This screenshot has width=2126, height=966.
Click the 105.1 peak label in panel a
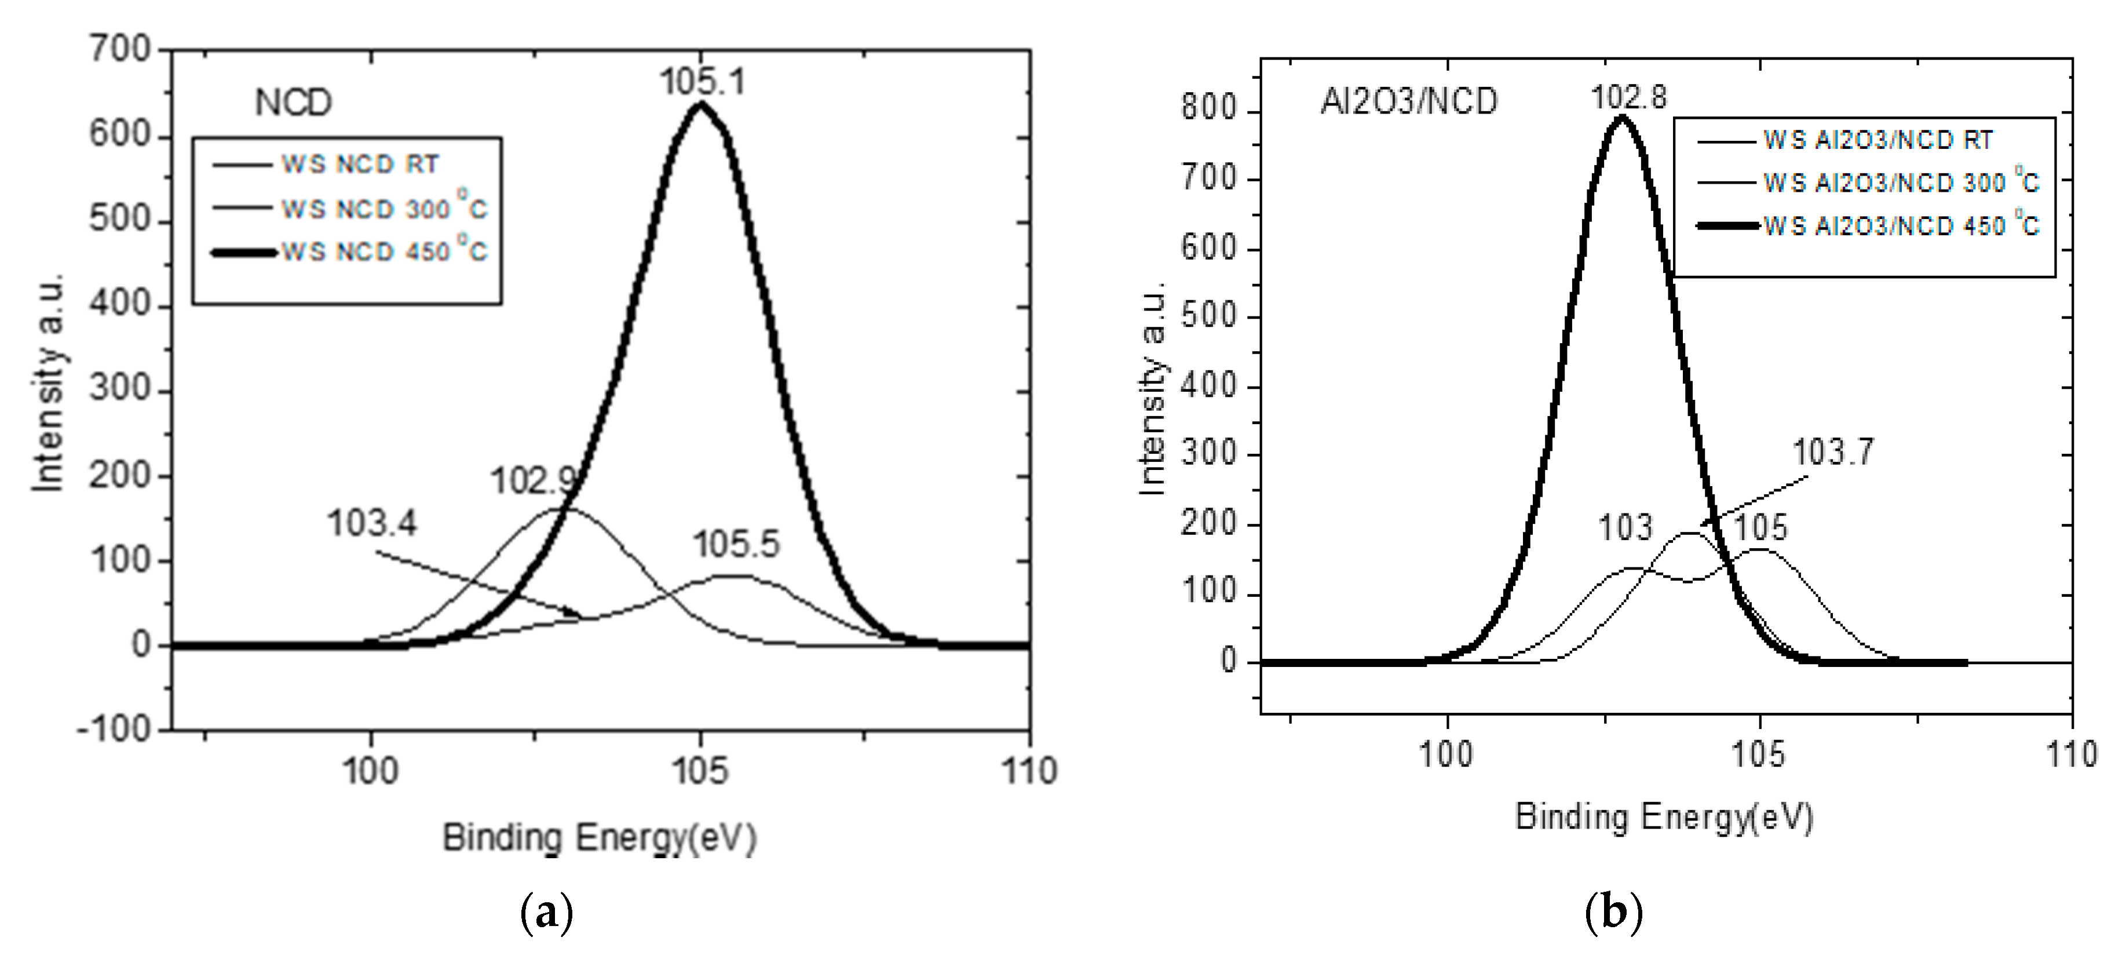tap(702, 82)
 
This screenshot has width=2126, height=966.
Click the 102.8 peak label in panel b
tap(1628, 97)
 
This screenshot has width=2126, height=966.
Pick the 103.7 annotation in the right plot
tap(1833, 451)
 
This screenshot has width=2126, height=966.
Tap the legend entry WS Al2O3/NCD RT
tap(1877, 140)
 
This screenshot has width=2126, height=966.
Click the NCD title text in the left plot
tap(293, 103)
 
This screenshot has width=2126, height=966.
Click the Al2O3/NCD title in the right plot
tap(1409, 101)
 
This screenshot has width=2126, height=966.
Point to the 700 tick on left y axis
tap(120, 49)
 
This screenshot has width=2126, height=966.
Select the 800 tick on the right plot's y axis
tap(1208, 108)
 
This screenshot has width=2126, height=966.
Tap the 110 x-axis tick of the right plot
tap(2071, 754)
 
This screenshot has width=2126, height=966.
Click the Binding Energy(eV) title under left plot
tap(599, 838)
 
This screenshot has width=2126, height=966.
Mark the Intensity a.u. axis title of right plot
tap(1152, 388)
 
